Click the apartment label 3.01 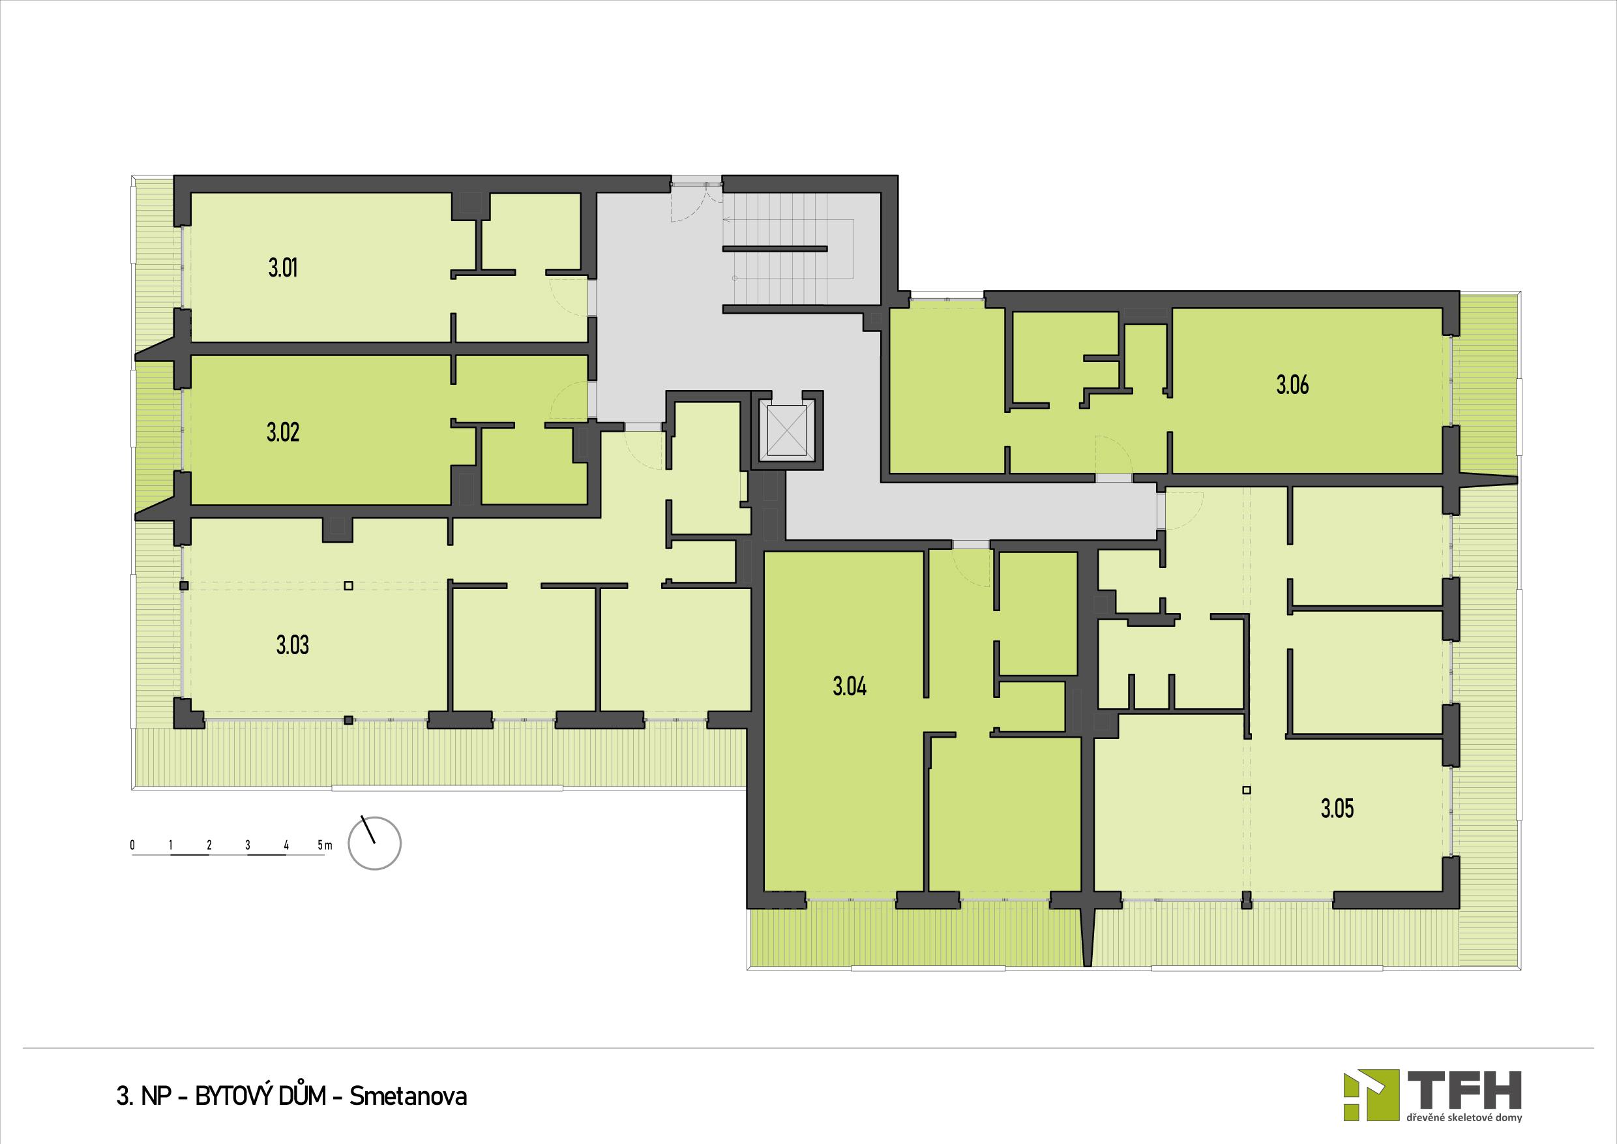point(283,267)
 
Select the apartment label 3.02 point(283,432)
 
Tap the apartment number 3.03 point(292,644)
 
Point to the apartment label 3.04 point(850,686)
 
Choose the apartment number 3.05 point(1337,808)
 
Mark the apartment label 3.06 point(1292,385)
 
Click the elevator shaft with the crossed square point(787,430)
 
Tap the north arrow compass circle point(375,843)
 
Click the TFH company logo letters point(1464,1091)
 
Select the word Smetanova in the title point(408,1096)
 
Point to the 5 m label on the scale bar point(325,845)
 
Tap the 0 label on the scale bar point(132,845)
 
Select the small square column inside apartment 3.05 point(1247,790)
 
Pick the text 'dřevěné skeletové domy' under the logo point(1464,1118)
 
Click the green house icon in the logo point(1371,1095)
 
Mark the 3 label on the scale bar point(248,845)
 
